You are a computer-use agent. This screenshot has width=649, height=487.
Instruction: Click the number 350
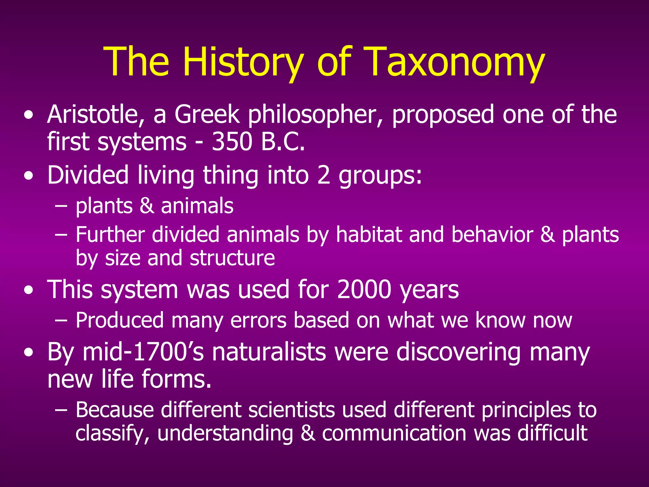[x=232, y=141]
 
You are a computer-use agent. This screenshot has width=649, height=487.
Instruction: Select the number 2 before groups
[x=324, y=175]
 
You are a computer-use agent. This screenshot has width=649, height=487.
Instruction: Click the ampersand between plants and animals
[x=147, y=206]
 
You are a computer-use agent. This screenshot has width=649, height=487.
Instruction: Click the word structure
[x=232, y=258]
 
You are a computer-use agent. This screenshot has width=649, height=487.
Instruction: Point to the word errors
[x=258, y=320]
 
